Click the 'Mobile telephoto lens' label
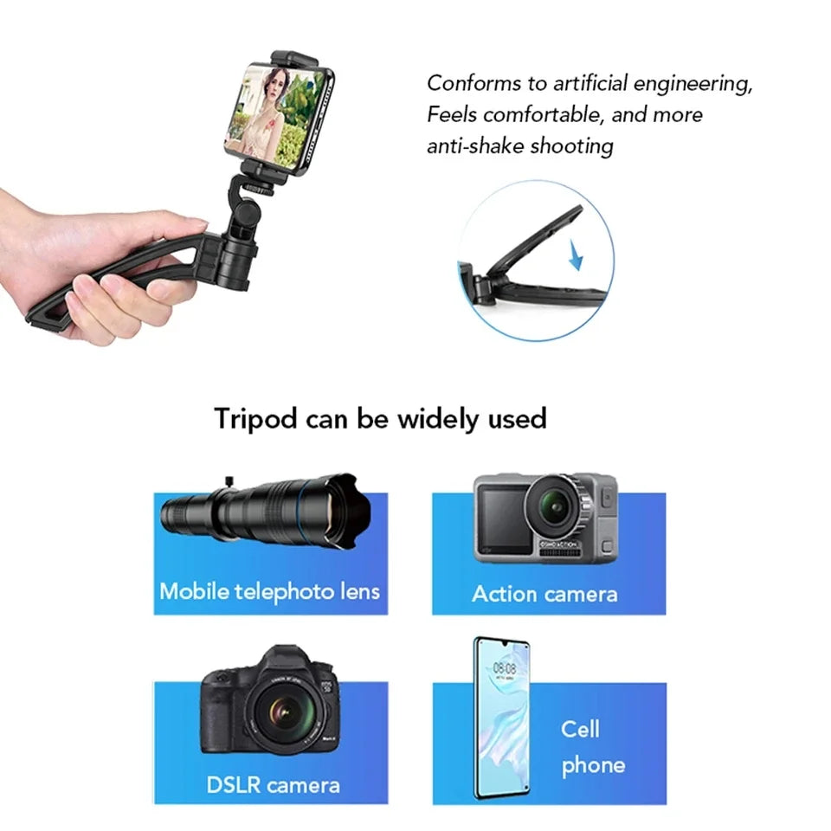coord(269,591)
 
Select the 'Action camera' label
coord(544,594)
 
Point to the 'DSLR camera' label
coord(273,785)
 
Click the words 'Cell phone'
coord(592,746)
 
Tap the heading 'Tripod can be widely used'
coord(380,419)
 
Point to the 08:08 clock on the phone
coord(504,668)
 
